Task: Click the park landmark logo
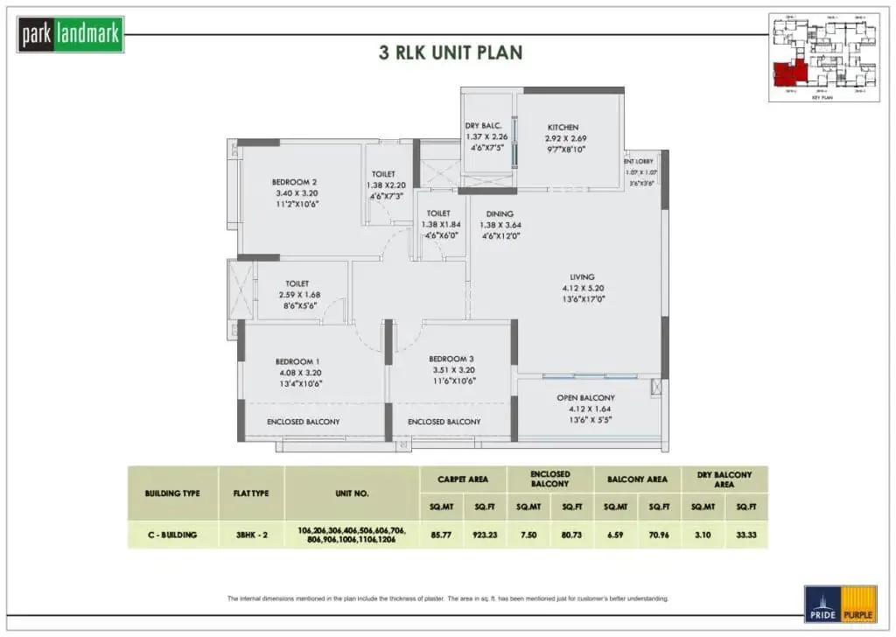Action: [x=71, y=35]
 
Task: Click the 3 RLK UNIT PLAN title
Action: [x=451, y=52]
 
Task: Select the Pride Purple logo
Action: [x=840, y=604]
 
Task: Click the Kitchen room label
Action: [x=563, y=128]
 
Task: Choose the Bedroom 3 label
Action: [x=451, y=359]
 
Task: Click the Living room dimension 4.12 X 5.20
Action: [x=583, y=288]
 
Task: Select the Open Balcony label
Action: [x=585, y=397]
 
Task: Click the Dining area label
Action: [x=500, y=213]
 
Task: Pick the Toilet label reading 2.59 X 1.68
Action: [x=302, y=295]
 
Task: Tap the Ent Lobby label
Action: [x=639, y=161]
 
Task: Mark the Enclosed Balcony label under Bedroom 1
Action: [x=303, y=422]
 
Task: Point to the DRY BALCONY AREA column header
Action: [x=724, y=479]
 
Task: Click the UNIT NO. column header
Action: [x=352, y=493]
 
